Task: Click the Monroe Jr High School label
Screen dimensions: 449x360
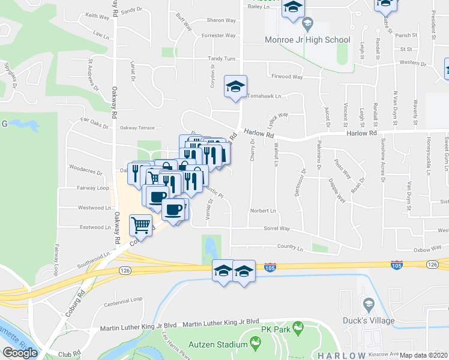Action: click(307, 40)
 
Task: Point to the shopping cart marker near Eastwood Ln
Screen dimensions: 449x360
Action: click(140, 226)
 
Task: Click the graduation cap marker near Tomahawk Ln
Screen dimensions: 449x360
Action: click(236, 86)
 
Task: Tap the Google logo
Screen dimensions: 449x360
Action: click(20, 352)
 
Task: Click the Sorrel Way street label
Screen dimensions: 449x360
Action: click(277, 229)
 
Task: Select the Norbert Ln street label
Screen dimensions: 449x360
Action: click(263, 211)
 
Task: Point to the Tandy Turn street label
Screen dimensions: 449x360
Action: click(221, 58)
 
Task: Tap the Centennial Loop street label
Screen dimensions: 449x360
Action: click(124, 298)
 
